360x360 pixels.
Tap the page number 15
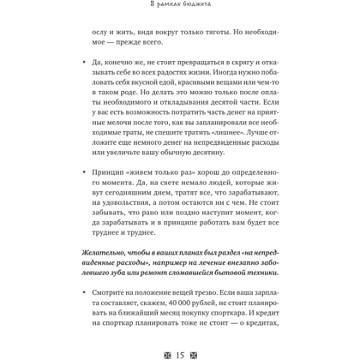click(x=180, y=352)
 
